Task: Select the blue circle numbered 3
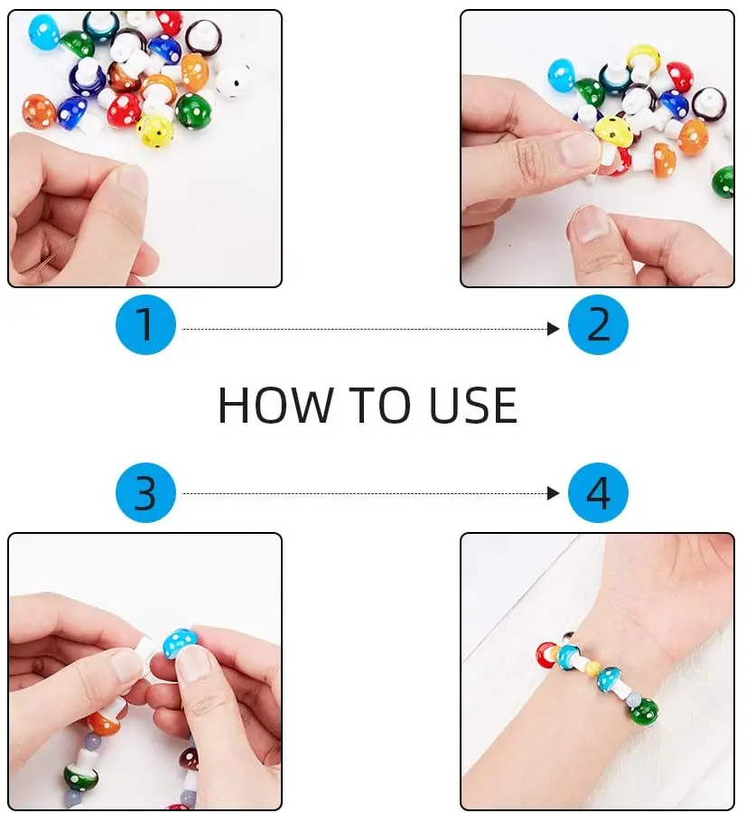(145, 493)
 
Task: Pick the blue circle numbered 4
(598, 493)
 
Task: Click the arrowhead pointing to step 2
(554, 330)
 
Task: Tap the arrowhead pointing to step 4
(554, 493)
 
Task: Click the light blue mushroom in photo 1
(42, 31)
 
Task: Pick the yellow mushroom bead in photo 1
(154, 130)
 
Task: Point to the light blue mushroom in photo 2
(561, 74)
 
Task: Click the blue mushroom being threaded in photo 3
(180, 642)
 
